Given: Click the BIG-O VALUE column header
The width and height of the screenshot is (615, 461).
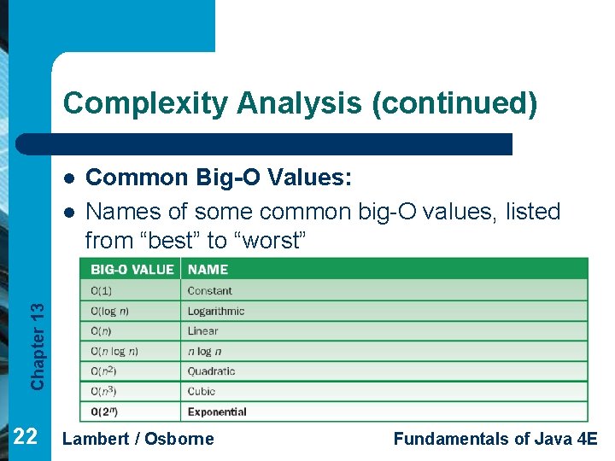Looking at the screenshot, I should tap(132, 269).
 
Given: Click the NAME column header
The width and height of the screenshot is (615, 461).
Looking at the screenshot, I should tap(208, 269).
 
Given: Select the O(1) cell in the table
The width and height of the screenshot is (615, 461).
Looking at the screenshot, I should tap(101, 291).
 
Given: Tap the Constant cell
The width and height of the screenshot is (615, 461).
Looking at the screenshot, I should tap(210, 291).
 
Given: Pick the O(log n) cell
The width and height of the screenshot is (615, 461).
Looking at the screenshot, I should tap(110, 311).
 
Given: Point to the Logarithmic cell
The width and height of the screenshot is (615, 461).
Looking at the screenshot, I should tap(216, 311).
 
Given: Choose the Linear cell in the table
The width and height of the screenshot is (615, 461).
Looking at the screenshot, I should tap(203, 331).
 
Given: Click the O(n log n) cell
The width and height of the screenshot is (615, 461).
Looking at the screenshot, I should tap(114, 351).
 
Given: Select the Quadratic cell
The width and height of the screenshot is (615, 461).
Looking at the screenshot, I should tap(212, 371).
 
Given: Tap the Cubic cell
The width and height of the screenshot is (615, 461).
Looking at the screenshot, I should tap(202, 391).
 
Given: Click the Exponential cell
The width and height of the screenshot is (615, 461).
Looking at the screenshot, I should tap(217, 411).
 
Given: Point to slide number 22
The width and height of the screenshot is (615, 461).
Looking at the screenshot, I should tap(26, 437).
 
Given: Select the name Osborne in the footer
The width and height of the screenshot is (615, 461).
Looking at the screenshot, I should tap(179, 439).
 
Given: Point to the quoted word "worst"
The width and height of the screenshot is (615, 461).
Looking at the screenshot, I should tap(272, 241).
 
